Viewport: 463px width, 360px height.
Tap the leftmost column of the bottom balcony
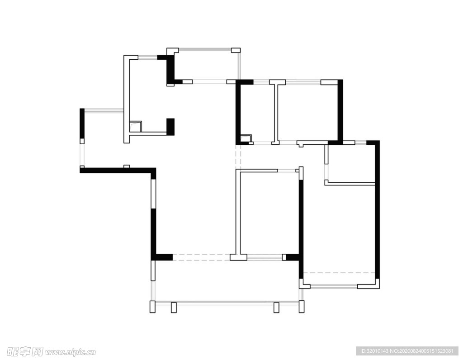152,307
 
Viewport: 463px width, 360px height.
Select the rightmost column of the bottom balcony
302,307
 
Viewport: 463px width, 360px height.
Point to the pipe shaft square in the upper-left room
136,126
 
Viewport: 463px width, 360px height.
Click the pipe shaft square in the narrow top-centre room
246,138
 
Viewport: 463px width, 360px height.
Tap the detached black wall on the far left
82,123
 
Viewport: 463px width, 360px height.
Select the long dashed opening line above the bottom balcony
201,257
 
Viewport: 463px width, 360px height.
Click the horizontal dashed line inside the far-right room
339,273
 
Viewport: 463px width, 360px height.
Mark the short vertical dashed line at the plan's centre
238,156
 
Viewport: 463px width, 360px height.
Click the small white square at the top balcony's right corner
236,50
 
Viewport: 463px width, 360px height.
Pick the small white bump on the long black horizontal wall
127,166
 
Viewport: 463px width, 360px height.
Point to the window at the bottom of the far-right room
334,286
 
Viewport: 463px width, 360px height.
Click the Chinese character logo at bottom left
25,352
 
